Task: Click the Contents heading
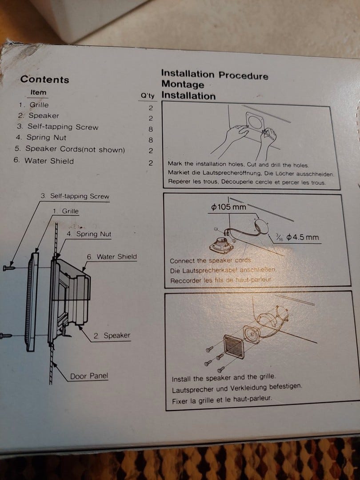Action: click(x=45, y=79)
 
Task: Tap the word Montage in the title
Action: click(x=183, y=84)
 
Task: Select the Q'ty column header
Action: click(x=148, y=96)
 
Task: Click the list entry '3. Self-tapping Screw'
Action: click(x=57, y=127)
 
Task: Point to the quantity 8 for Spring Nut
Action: click(x=151, y=140)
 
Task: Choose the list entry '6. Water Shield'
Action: click(x=44, y=161)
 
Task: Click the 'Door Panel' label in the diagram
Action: click(x=89, y=376)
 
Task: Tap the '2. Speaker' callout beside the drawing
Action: click(x=112, y=336)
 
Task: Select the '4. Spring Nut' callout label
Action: click(x=89, y=234)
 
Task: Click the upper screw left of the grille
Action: click(x=9, y=268)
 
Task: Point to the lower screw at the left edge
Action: click(x=6, y=336)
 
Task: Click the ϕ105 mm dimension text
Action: click(x=229, y=207)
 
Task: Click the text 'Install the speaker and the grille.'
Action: click(x=224, y=378)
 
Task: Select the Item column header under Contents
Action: click(x=38, y=92)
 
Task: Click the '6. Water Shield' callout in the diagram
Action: click(x=112, y=257)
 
